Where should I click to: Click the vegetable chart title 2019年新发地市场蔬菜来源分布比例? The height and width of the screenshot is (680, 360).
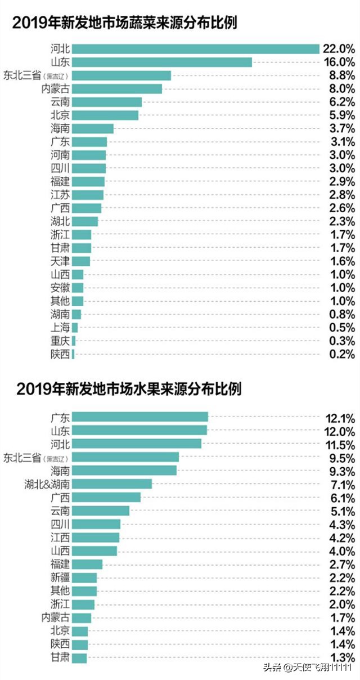coord(125,23)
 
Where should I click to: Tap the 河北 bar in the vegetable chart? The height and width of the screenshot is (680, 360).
coord(196,49)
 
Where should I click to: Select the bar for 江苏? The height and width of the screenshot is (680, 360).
coord(88,195)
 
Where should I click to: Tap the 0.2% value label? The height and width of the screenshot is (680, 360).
coord(341,355)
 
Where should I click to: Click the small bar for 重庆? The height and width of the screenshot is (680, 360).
coord(74,341)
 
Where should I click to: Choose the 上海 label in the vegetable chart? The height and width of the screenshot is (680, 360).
coord(60,328)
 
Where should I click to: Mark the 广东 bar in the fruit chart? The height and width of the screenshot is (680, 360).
coord(140,417)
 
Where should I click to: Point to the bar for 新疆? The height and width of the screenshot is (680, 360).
coord(84,578)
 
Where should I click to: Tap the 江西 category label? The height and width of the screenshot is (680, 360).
coord(60,538)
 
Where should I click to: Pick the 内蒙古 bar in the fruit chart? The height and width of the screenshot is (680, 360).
coord(82,618)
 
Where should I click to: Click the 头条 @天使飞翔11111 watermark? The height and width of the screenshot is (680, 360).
coord(308,668)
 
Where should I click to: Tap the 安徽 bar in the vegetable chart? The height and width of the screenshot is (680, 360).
coord(78,288)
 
